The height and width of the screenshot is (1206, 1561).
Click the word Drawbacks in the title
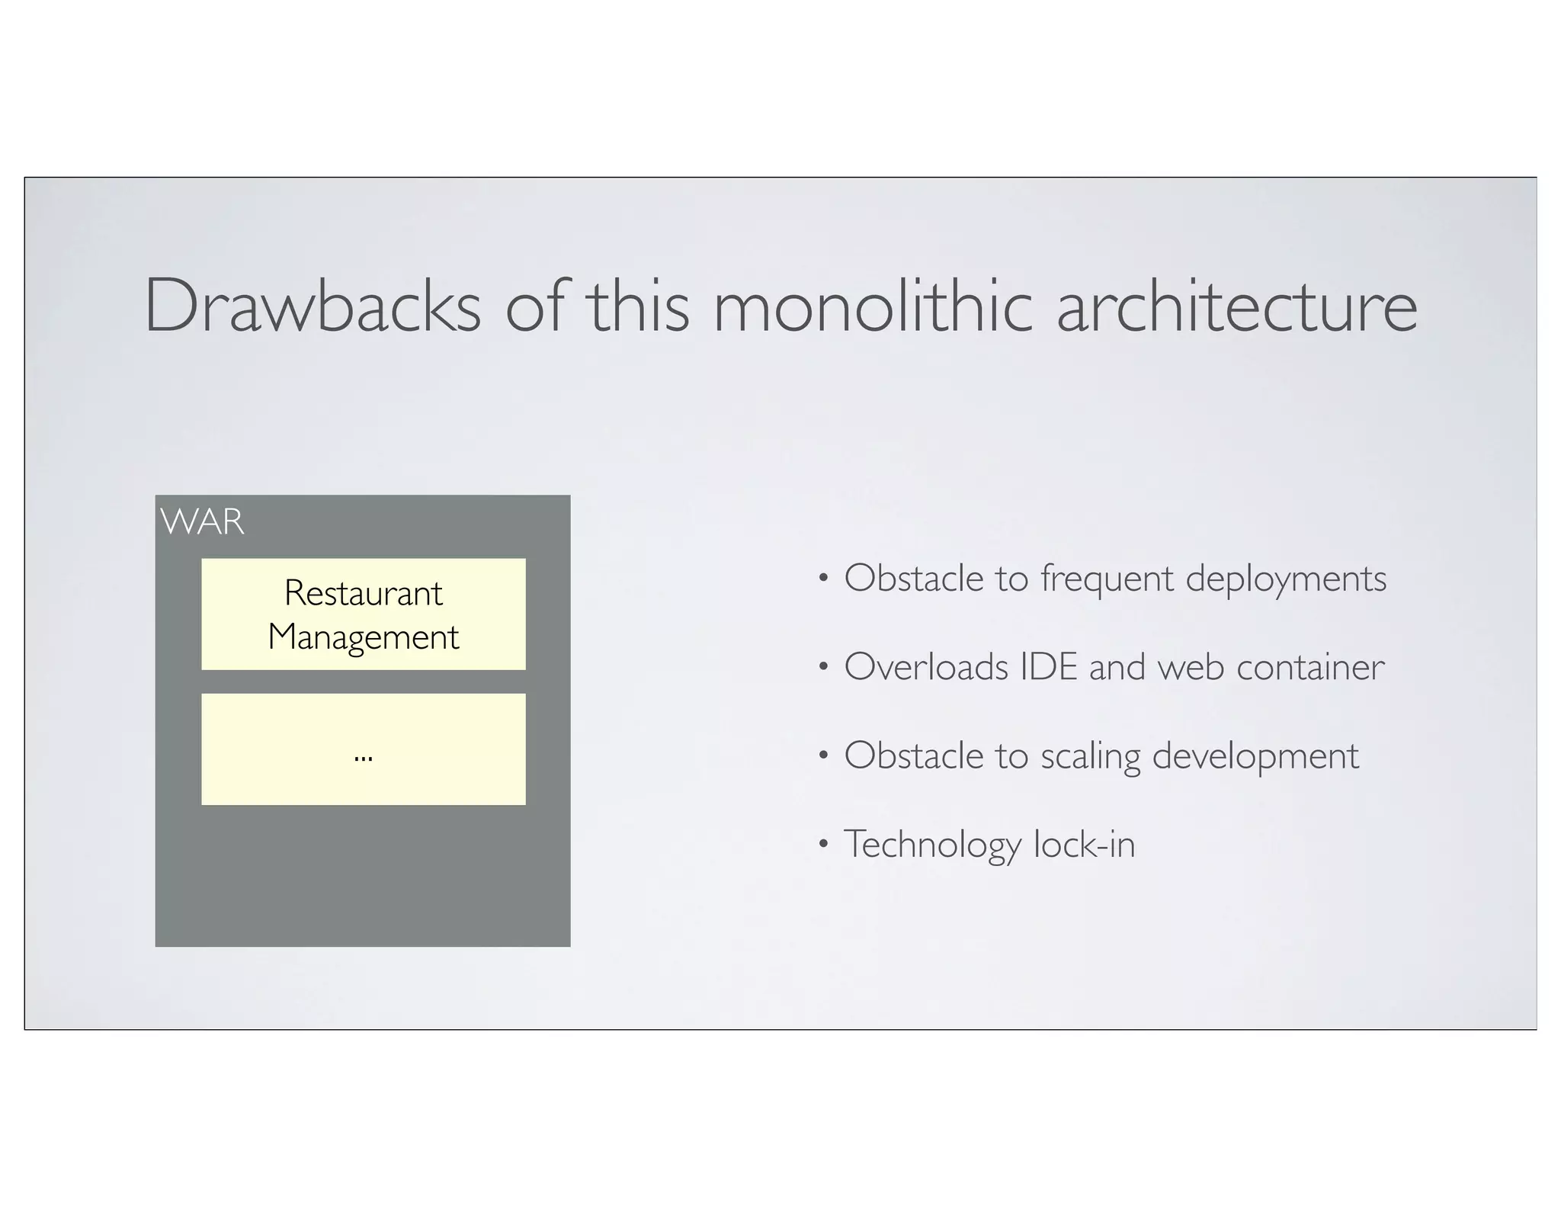click(313, 306)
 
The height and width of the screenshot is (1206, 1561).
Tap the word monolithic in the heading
click(873, 306)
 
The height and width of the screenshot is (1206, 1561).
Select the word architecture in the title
click(1236, 306)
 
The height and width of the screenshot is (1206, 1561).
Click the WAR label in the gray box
click(203, 523)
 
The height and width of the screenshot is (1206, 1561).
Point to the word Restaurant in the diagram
click(363, 593)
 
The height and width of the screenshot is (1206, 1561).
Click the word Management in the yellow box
click(363, 637)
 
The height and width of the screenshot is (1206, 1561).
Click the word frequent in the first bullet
click(1107, 579)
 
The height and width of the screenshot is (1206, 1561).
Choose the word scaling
click(1090, 756)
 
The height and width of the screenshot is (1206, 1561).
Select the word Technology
click(932, 845)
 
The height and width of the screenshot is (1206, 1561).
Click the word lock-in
click(1085, 845)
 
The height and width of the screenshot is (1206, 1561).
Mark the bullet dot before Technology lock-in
click(822, 844)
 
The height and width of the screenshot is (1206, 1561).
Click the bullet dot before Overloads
click(822, 667)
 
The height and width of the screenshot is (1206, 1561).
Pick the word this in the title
click(639, 306)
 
